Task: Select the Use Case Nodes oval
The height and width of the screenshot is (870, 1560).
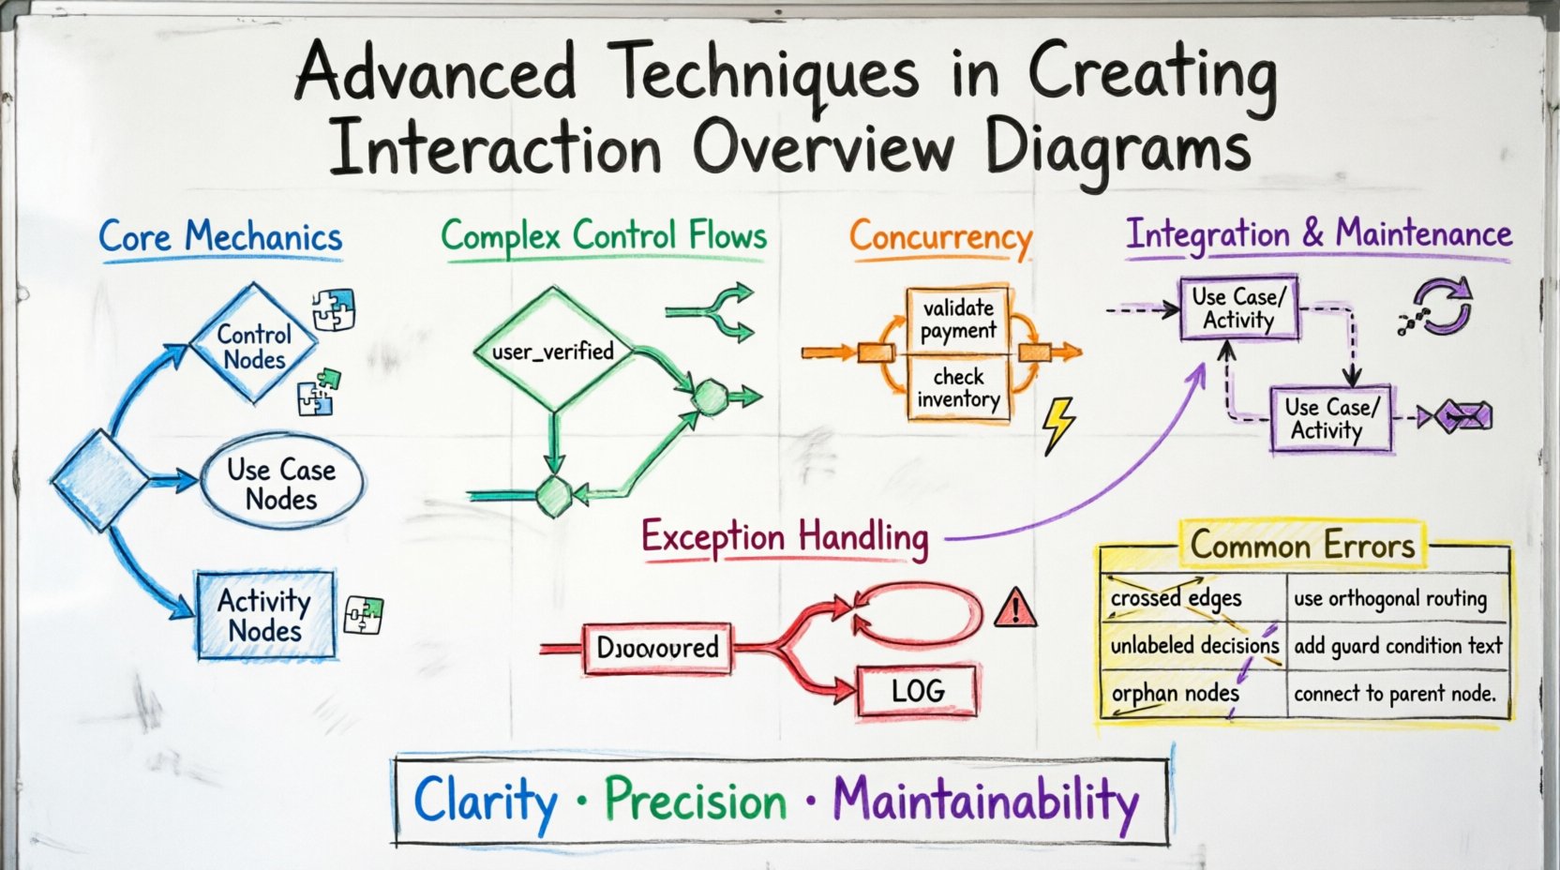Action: [x=281, y=483]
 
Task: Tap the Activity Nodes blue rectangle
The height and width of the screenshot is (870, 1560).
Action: [x=265, y=615]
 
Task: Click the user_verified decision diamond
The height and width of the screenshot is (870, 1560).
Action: [x=553, y=352]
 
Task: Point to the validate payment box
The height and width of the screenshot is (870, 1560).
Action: [x=958, y=319]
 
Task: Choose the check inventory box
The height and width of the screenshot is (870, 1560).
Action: [x=958, y=388]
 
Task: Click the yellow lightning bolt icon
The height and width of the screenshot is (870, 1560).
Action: [x=1059, y=425]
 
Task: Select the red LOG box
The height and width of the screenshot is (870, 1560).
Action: [x=917, y=692]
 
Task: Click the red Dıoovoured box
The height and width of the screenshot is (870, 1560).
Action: [x=657, y=647]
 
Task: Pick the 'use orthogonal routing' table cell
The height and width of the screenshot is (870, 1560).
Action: [x=1390, y=599]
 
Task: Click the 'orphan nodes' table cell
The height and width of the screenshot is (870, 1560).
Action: [x=1176, y=694]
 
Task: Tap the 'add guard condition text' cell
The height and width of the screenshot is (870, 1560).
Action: [x=1397, y=646]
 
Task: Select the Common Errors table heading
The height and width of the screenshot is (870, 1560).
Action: [x=1302, y=546]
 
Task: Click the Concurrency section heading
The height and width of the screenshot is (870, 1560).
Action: [x=940, y=237]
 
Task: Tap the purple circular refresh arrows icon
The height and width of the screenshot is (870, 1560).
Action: [x=1441, y=307]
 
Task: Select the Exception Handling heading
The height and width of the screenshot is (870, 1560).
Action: [x=785, y=538]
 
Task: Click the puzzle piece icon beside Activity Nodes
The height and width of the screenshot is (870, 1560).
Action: [x=364, y=615]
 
